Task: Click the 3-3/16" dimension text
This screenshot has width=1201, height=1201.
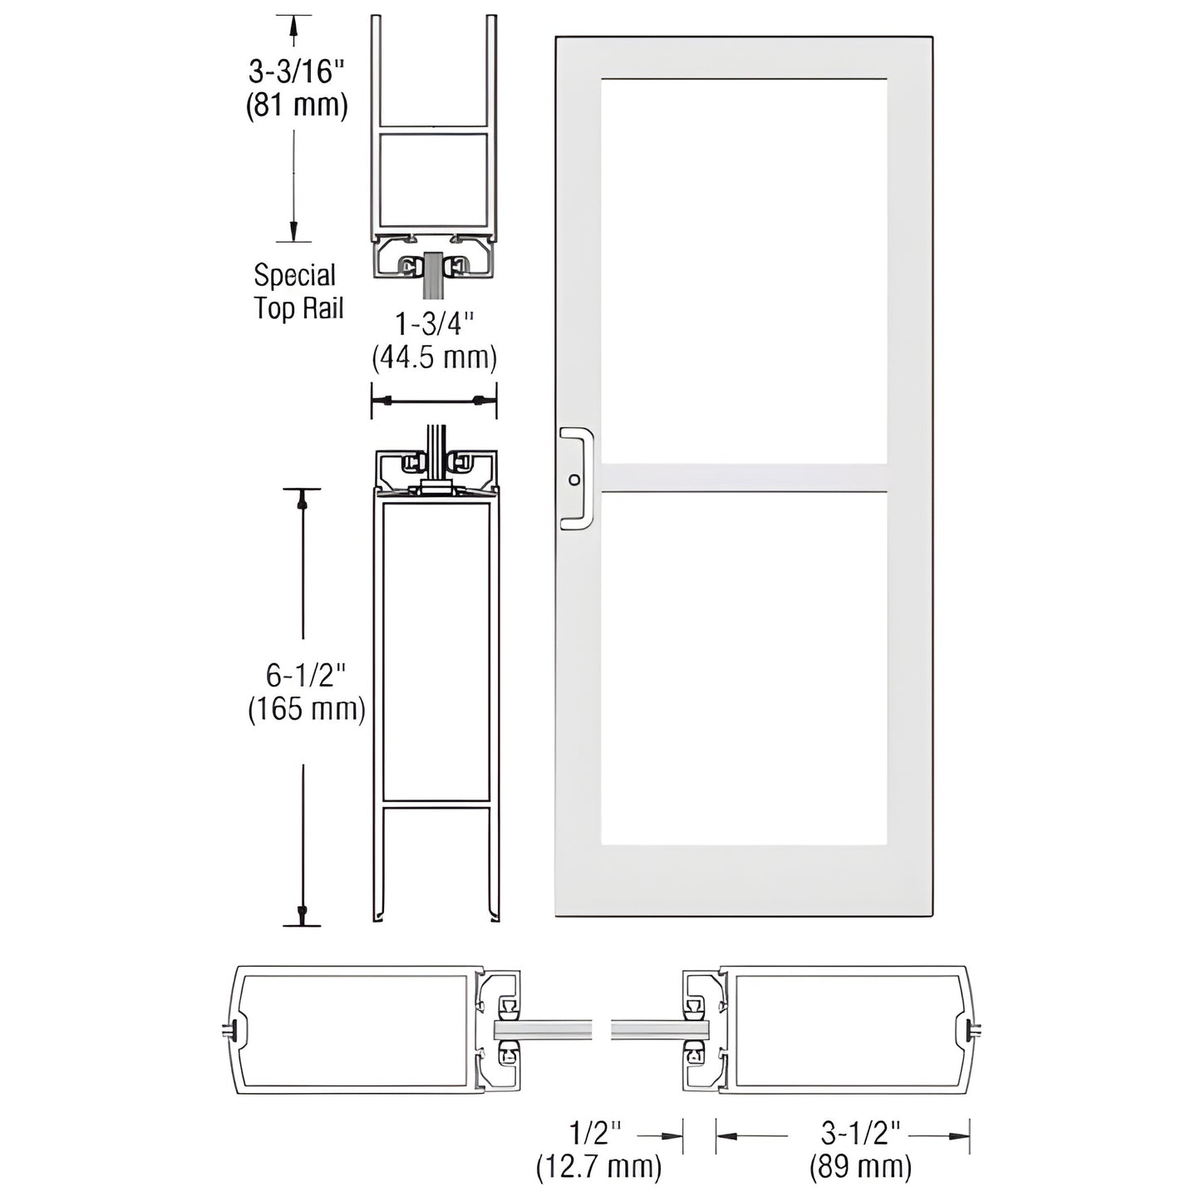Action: [296, 71]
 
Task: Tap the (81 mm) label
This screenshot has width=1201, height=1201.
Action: [296, 106]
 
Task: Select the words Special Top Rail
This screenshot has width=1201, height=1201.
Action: [298, 292]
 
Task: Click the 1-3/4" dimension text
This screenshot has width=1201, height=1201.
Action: [434, 323]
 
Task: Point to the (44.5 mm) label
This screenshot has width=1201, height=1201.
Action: [434, 357]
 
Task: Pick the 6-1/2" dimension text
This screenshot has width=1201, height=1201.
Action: [305, 675]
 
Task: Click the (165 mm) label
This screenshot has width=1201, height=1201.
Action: [307, 709]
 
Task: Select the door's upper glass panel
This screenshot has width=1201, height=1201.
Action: [743, 270]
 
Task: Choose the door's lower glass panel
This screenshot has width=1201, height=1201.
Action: [743, 668]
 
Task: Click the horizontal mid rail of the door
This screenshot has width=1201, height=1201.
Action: [743, 478]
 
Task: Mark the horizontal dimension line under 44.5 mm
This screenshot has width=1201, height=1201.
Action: [434, 401]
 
